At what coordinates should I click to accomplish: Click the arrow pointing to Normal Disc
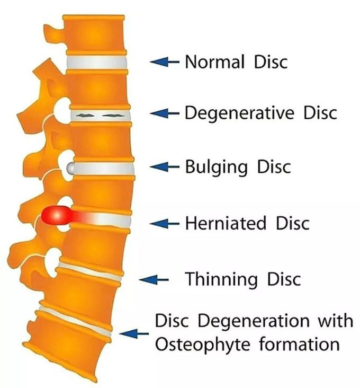tap(164, 61)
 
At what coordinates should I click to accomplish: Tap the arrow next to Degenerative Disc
tap(164, 113)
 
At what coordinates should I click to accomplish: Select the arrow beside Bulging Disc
tap(164, 167)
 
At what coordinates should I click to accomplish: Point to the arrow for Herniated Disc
tap(164, 224)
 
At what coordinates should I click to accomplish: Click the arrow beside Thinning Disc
tap(154, 280)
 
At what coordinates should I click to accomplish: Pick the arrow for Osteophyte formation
tap(133, 333)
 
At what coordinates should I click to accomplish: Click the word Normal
tap(215, 61)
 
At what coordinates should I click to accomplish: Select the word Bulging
tap(216, 167)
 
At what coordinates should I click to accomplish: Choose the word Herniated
tap(226, 223)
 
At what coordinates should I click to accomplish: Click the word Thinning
tap(221, 279)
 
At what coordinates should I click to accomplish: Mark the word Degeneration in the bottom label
tap(254, 321)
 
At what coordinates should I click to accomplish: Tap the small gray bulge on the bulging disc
tap(70, 168)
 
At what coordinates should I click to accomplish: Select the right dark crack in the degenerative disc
tap(113, 115)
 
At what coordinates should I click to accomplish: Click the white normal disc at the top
tap(96, 63)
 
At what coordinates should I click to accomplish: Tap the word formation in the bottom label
tap(299, 343)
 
